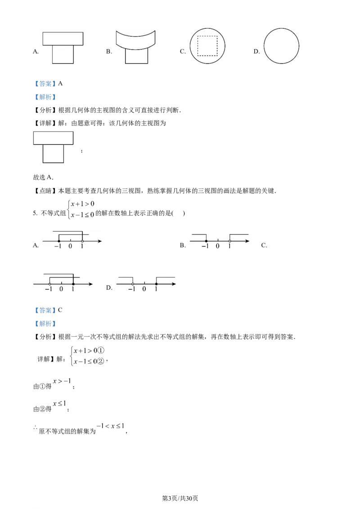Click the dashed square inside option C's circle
pyautogui.click(x=198, y=46)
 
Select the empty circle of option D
pyautogui.click(x=264, y=46)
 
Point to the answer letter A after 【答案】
pyautogui.click(x=60, y=84)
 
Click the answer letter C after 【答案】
pyautogui.click(x=60, y=310)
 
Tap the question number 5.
pyautogui.click(x=35, y=213)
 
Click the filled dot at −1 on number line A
pyautogui.click(x=59, y=241)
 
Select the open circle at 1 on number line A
pyautogui.click(x=82, y=241)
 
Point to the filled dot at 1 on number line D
pyautogui.click(x=156, y=284)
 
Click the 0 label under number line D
pyautogui.click(x=144, y=289)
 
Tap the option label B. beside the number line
pyautogui.click(x=183, y=246)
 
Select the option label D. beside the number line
pyautogui.click(x=109, y=288)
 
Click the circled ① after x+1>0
pyautogui.click(x=101, y=351)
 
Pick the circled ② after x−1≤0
pyautogui.click(x=101, y=362)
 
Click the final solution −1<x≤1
pyautogui.click(x=110, y=426)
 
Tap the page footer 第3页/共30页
pyautogui.click(x=180, y=498)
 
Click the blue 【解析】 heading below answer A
pyautogui.click(x=45, y=97)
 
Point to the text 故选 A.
pyautogui.click(x=43, y=177)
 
